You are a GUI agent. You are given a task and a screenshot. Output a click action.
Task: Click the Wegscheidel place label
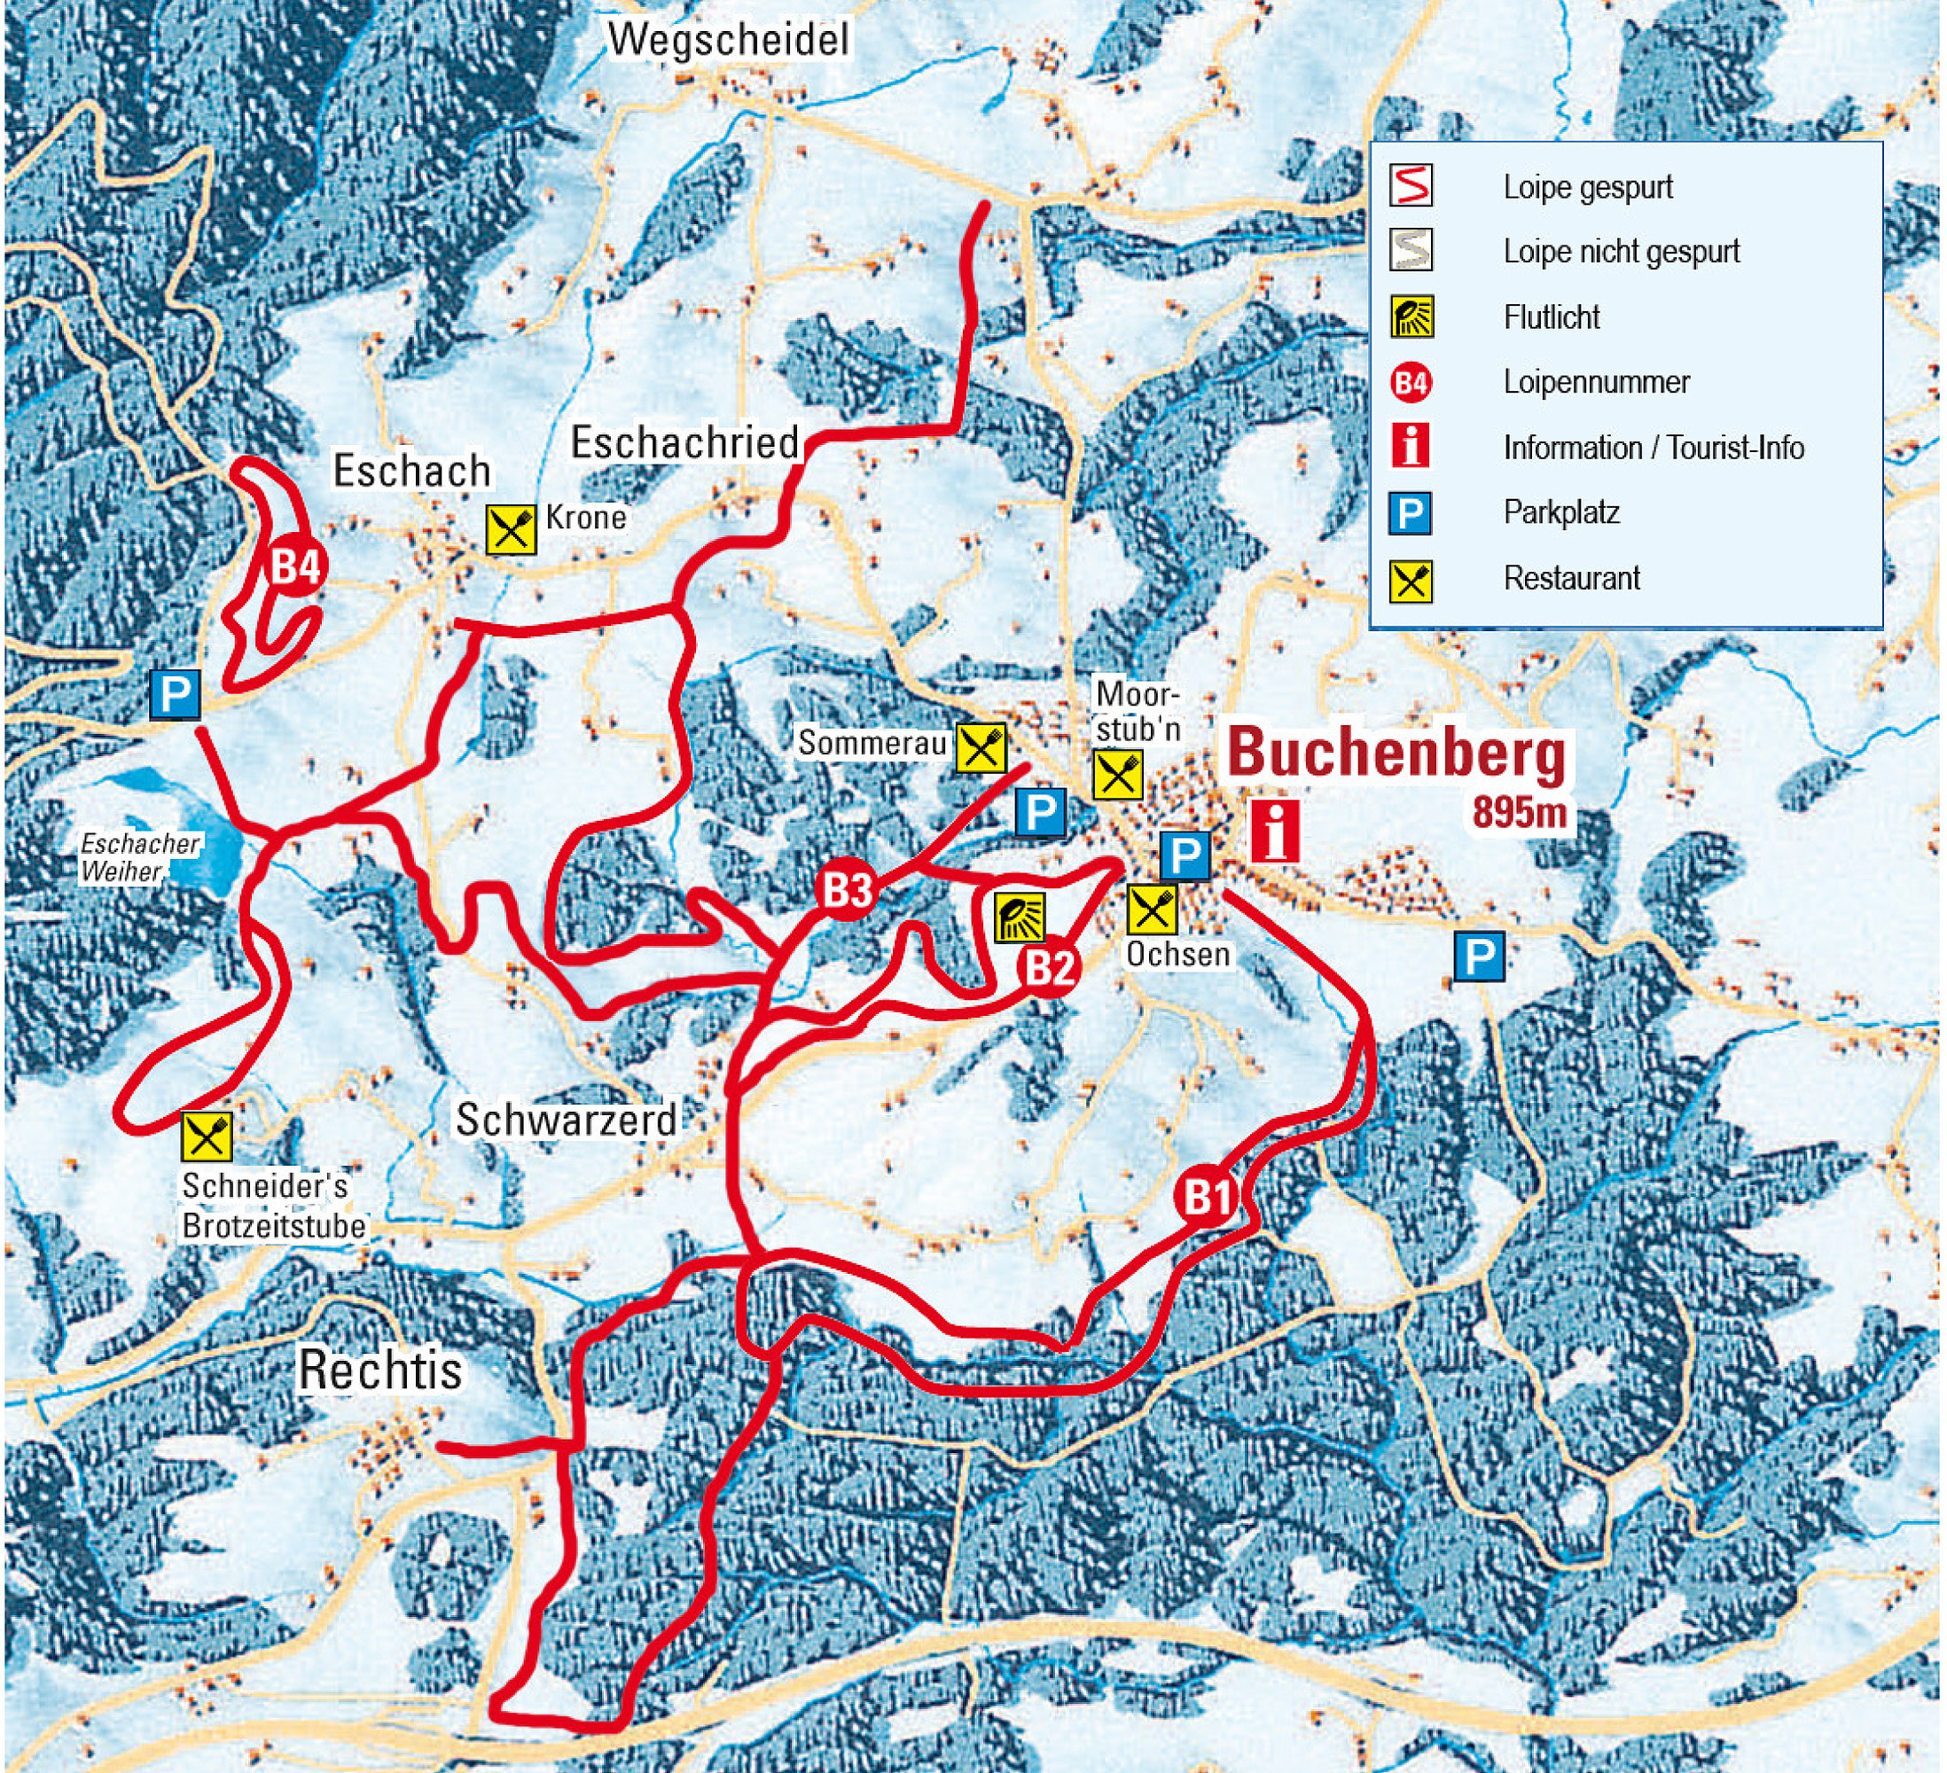coord(729,41)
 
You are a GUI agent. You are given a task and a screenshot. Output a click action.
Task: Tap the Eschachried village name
coord(684,443)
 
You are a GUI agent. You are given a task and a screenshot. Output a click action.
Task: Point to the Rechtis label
coord(379,1371)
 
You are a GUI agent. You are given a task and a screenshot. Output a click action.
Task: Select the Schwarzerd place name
coord(566,1121)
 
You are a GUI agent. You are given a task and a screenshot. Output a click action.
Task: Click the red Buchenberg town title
coord(1396,754)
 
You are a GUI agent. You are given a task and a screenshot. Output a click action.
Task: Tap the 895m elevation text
coord(1518,812)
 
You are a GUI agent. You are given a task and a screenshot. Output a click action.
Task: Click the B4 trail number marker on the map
coord(294,566)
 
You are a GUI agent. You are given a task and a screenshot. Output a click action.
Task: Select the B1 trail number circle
coord(1208,1199)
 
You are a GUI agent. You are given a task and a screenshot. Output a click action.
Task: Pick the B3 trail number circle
coord(847,890)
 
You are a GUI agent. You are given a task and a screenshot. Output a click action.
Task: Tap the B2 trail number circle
coord(1049,965)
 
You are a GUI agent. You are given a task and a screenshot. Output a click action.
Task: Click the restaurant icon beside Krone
coord(511,529)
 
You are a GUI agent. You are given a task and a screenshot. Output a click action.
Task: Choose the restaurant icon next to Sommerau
coord(981,747)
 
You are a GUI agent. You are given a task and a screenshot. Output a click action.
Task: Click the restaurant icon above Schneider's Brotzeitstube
coord(207,1136)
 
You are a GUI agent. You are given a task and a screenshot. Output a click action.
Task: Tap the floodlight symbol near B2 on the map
coord(1020,917)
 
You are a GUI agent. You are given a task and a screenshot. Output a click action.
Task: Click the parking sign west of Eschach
coord(175,693)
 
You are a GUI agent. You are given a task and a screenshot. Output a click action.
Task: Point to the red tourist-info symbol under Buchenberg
coord(1275,831)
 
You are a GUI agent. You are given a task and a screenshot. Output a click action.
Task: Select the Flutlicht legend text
coord(1551,317)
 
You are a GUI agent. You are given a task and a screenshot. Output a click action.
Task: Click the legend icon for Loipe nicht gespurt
coord(1411,251)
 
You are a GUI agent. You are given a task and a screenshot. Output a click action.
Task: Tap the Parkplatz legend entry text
coord(1560,512)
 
